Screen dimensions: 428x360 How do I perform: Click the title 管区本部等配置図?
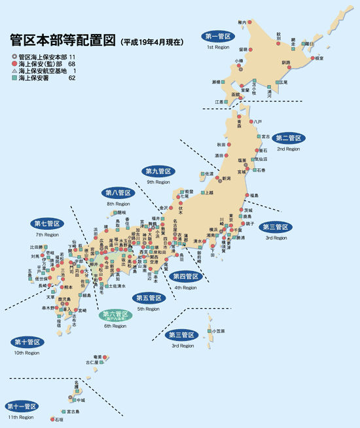click(x=62, y=39)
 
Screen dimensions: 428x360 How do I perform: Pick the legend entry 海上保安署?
click(x=33, y=78)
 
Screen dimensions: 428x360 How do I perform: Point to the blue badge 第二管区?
click(x=288, y=138)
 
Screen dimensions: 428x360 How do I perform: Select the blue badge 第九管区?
click(x=158, y=171)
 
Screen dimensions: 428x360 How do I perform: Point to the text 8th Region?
click(x=118, y=204)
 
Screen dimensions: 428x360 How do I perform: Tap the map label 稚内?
click(x=243, y=23)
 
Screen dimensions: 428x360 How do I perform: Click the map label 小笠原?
click(x=218, y=332)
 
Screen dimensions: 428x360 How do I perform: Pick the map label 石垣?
click(x=59, y=419)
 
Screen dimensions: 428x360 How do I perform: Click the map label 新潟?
click(x=226, y=178)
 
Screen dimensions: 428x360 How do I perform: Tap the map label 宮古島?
click(x=73, y=412)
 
